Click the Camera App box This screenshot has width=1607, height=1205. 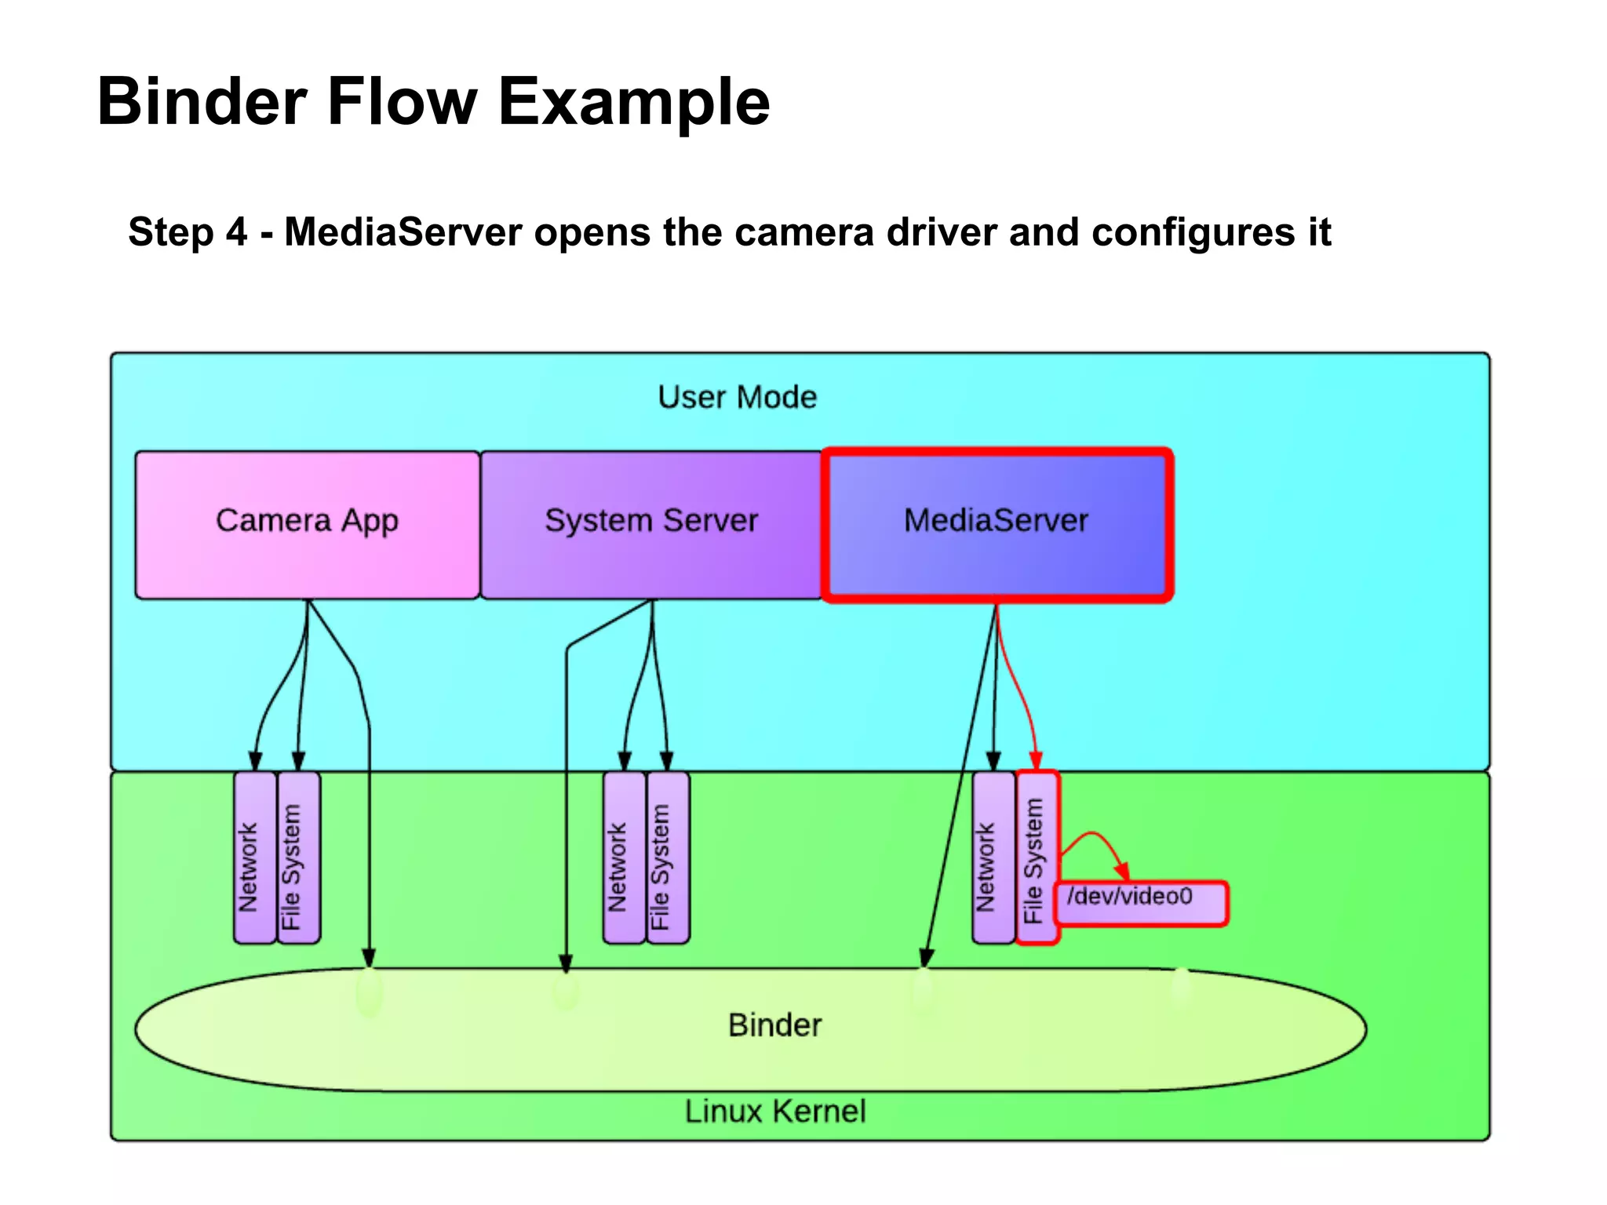(x=307, y=524)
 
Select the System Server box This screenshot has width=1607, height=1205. (x=651, y=524)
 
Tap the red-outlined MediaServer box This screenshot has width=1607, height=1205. (x=997, y=524)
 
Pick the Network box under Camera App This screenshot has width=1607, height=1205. (x=255, y=857)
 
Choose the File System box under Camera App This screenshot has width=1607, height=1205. (x=299, y=857)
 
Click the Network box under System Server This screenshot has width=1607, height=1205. (x=624, y=857)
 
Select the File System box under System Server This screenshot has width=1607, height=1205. (x=668, y=857)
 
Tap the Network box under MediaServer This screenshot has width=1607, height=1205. (x=993, y=857)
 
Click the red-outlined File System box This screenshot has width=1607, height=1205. (x=1037, y=857)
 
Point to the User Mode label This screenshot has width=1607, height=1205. (x=737, y=397)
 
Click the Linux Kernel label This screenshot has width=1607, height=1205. (x=774, y=1111)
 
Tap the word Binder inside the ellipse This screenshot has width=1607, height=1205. (x=774, y=1025)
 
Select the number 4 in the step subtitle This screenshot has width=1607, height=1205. (x=237, y=232)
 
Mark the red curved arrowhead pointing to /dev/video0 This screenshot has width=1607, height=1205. (x=1123, y=871)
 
